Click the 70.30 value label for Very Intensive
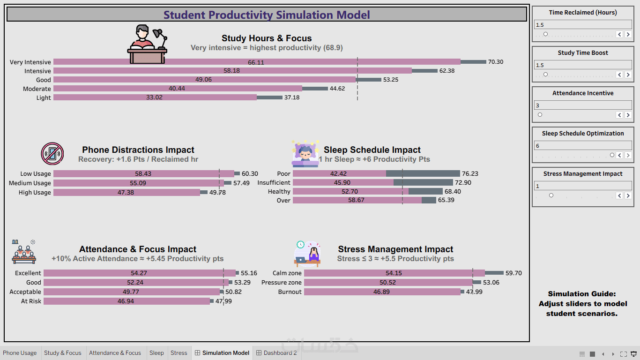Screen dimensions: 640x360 click(x=495, y=62)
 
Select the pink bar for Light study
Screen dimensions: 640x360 click(x=155, y=97)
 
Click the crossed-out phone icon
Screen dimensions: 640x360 click(x=52, y=154)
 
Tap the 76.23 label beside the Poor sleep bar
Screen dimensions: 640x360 click(x=470, y=173)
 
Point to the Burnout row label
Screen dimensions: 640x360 click(x=290, y=292)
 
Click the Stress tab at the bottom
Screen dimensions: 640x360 click(x=179, y=353)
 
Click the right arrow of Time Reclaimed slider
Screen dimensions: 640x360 click(x=628, y=34)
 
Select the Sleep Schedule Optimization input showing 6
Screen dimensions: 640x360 click(x=583, y=145)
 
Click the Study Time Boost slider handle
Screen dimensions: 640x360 click(x=545, y=75)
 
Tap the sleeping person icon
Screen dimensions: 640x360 click(x=305, y=153)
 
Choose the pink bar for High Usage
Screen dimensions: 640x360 click(x=127, y=193)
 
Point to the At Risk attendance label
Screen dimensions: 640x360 click(x=31, y=301)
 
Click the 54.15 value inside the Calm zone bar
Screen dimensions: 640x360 click(x=394, y=273)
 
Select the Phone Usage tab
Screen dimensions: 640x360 click(x=20, y=353)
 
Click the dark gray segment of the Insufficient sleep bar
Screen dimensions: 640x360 click(x=423, y=182)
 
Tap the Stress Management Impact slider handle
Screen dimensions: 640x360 click(x=551, y=195)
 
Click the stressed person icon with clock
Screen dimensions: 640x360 click(x=307, y=254)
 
